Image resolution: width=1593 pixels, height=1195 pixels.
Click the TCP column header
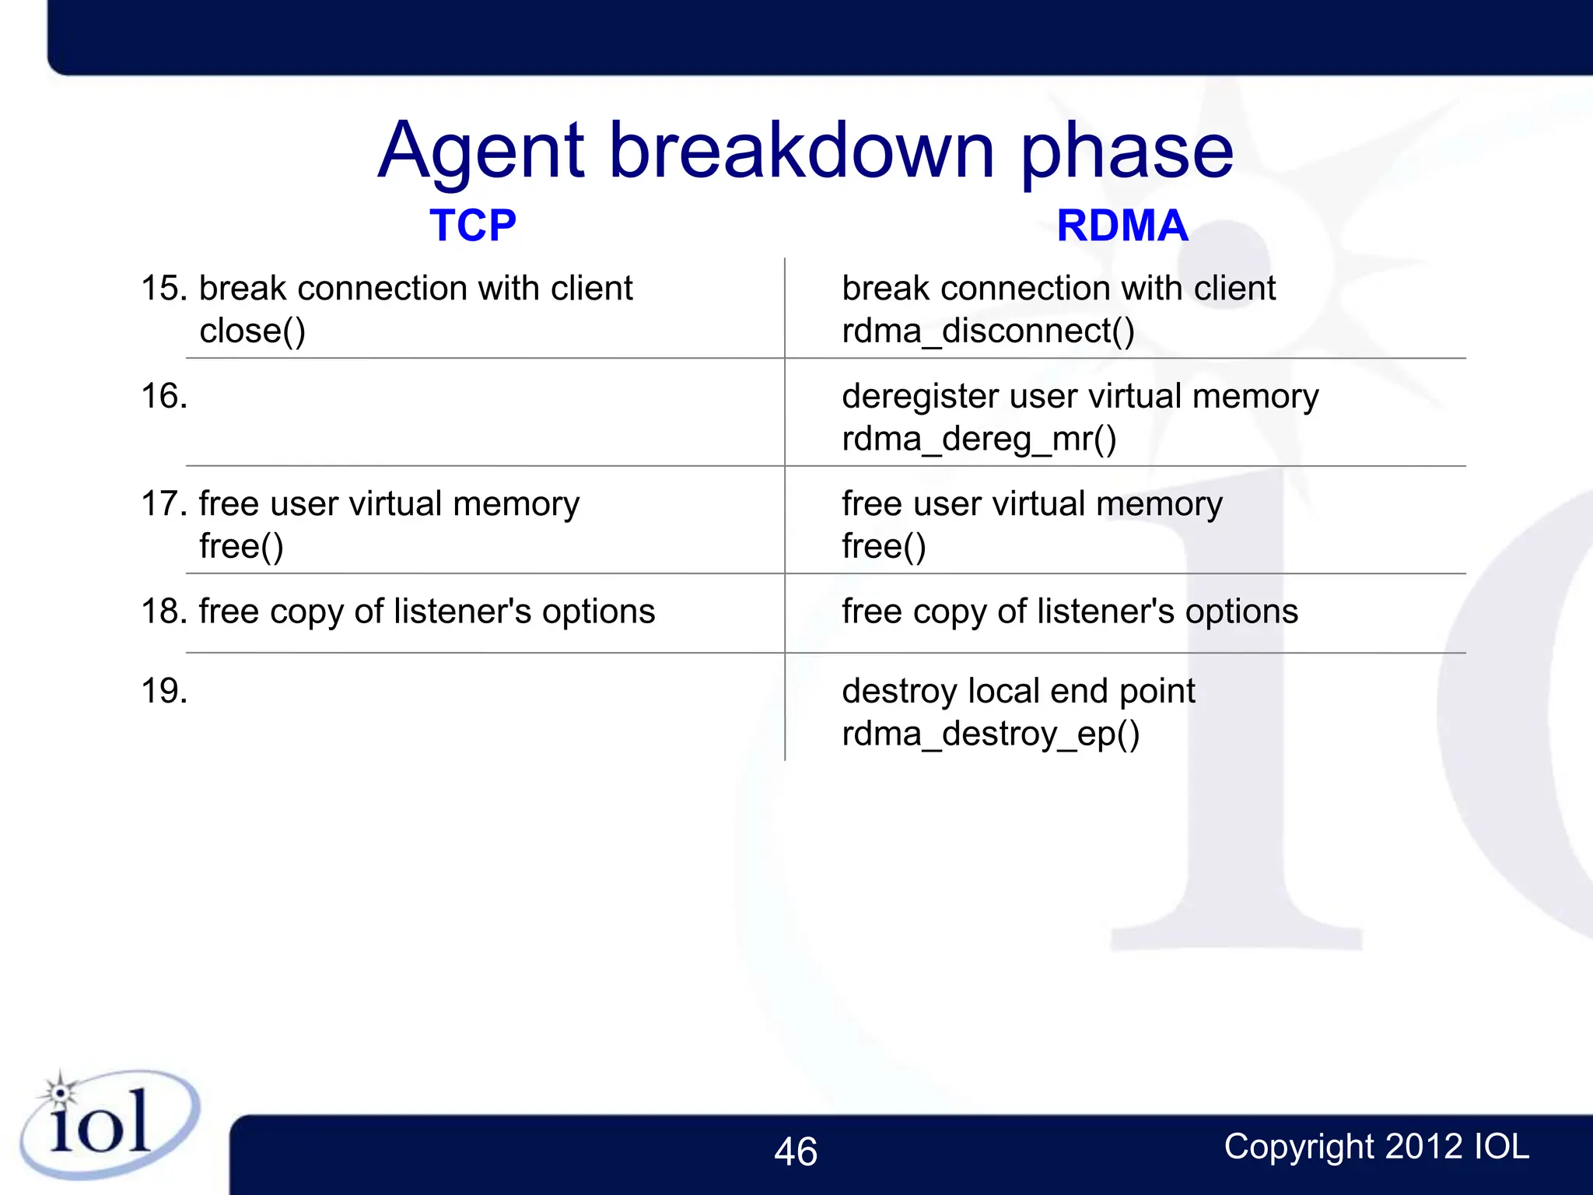click(x=472, y=226)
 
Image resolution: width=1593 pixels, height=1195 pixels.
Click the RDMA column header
click(x=1122, y=226)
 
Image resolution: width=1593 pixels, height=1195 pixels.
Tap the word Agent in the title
click(x=480, y=151)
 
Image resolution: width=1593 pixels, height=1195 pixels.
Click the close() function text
click(x=252, y=331)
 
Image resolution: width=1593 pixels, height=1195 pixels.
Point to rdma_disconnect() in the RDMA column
click(x=988, y=331)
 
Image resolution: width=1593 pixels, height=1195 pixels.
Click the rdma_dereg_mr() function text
click(x=979, y=440)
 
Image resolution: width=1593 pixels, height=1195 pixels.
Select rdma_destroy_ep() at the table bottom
click(x=990, y=734)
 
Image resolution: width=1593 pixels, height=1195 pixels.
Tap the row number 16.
click(x=164, y=396)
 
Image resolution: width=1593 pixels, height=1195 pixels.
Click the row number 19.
click(x=164, y=691)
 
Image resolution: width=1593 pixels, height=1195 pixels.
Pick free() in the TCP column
click(x=241, y=546)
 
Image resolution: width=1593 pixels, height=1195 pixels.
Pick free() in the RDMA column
click(x=884, y=546)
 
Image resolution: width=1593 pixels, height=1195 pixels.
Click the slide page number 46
click(x=795, y=1152)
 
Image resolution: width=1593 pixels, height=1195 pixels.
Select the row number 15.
click(x=164, y=289)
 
